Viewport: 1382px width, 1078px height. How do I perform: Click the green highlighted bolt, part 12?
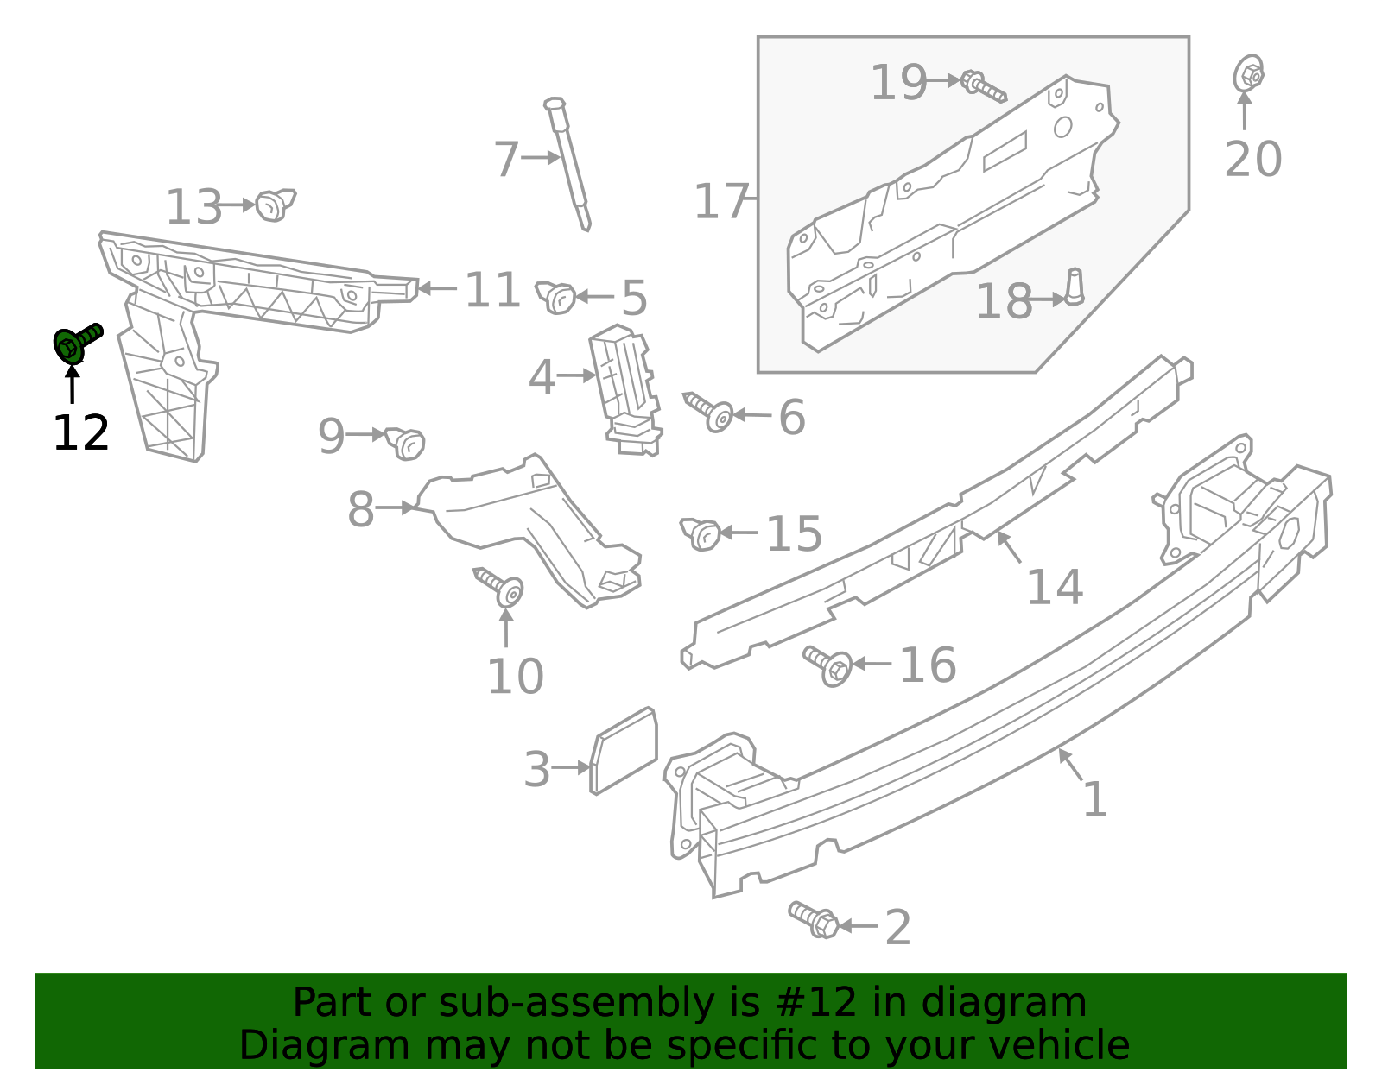tap(75, 343)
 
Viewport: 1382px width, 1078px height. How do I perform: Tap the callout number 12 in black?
tap(81, 432)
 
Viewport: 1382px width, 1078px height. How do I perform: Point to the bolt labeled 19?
tap(983, 85)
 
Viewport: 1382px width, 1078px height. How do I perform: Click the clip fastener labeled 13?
tap(276, 205)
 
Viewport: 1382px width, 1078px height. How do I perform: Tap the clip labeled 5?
tap(557, 297)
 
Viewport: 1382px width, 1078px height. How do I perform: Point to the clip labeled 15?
tap(701, 533)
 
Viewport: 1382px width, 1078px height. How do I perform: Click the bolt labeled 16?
tap(828, 665)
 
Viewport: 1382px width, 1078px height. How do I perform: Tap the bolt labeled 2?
tap(814, 919)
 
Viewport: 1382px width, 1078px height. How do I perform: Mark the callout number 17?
tap(721, 201)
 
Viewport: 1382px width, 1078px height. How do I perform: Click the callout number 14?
tap(1054, 588)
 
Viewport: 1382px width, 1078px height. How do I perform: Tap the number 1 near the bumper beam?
tap(1094, 800)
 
